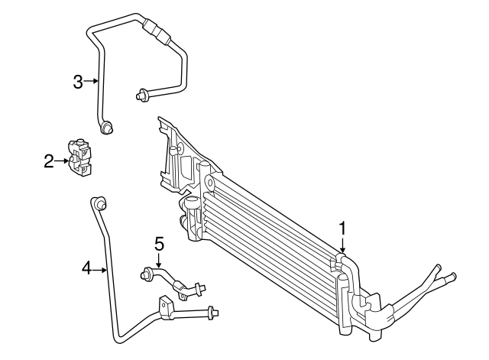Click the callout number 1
[x=343, y=227]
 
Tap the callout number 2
[x=49, y=161]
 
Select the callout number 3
[x=78, y=81]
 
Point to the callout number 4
[x=87, y=268]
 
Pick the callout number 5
[x=159, y=244]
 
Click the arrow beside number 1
[x=343, y=246]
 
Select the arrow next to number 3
[x=92, y=81]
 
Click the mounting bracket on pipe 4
[x=166, y=307]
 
